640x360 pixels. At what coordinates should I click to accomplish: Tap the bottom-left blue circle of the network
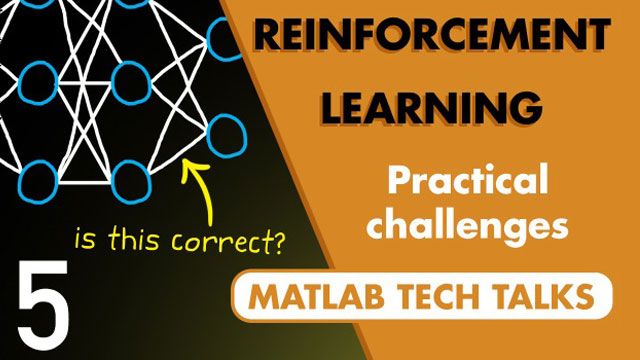pos(39,181)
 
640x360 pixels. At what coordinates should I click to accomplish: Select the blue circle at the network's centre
pos(130,80)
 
